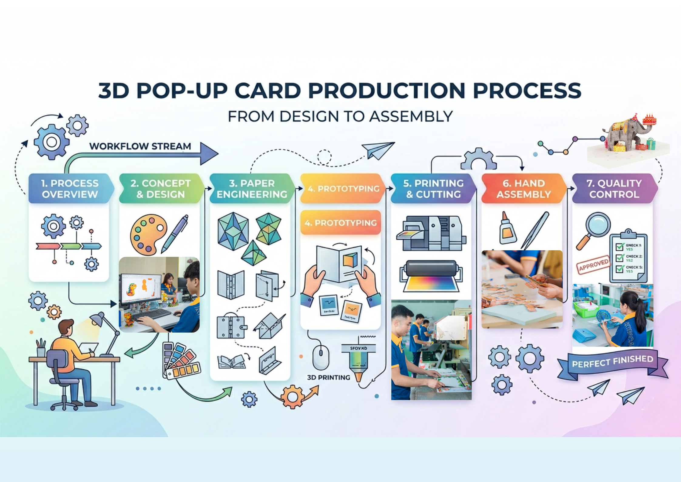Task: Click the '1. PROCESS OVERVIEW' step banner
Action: [70, 189]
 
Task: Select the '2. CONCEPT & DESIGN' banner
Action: [161, 189]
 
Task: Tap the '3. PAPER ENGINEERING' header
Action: [252, 189]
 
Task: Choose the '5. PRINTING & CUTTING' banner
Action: [433, 189]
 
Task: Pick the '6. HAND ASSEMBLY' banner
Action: [524, 189]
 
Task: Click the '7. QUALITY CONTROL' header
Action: [614, 189]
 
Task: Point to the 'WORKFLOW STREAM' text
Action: [140, 146]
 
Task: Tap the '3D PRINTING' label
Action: [329, 378]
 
